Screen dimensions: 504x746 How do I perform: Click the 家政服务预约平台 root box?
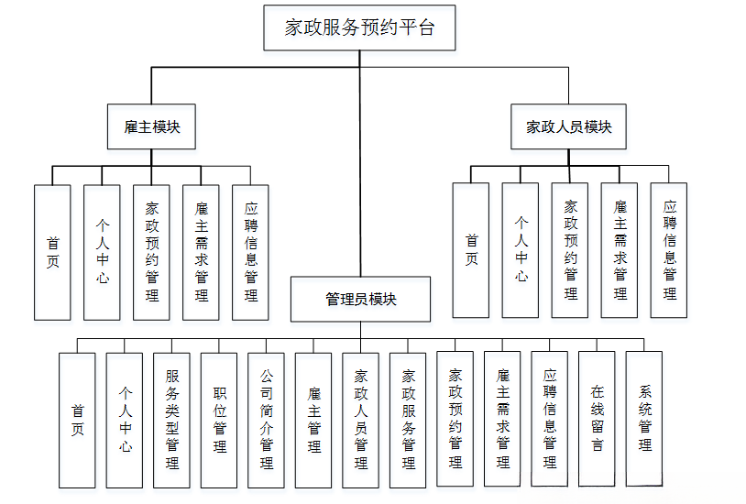(x=359, y=27)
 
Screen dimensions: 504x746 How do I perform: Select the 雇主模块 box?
(x=152, y=126)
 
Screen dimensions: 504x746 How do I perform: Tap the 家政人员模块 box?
(x=568, y=126)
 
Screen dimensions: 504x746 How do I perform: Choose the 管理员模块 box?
(x=360, y=300)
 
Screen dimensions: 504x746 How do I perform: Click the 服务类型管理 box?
(x=171, y=420)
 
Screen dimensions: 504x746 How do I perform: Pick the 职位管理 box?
(x=219, y=420)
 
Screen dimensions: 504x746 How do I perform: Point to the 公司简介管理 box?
(x=266, y=420)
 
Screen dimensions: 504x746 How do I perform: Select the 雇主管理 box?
(x=313, y=420)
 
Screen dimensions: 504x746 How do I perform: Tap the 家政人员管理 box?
(x=360, y=420)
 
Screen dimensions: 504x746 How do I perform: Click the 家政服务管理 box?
(x=408, y=420)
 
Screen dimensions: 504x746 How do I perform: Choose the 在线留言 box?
(x=597, y=420)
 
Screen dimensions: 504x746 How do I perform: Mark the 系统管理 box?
(x=644, y=420)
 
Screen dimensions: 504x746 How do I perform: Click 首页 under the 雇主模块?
(x=52, y=253)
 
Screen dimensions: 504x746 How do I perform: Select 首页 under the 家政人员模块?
(x=471, y=250)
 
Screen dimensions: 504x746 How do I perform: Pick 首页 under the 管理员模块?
(x=77, y=420)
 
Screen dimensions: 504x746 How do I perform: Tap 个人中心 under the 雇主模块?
(x=102, y=253)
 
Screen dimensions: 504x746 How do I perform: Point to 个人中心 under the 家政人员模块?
(x=521, y=250)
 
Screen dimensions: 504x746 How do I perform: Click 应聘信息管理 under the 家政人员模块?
(x=669, y=250)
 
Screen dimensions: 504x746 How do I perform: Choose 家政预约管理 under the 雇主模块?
(x=151, y=253)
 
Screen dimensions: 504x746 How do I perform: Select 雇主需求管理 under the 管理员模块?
(x=502, y=420)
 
